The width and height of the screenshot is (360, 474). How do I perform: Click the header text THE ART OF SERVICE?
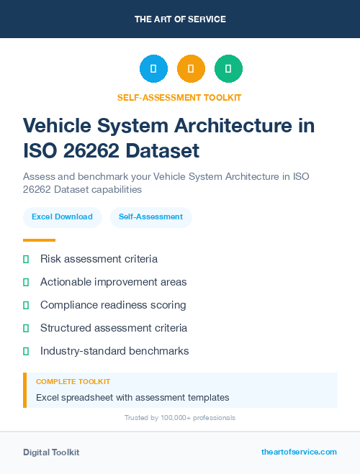(x=180, y=19)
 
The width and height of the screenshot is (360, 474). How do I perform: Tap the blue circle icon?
(x=153, y=69)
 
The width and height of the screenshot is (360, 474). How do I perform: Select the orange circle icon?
(x=191, y=69)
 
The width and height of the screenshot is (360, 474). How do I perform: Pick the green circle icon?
(x=228, y=69)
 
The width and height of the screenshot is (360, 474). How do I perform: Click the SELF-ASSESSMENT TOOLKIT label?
(x=180, y=97)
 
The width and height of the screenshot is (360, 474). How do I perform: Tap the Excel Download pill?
(x=62, y=217)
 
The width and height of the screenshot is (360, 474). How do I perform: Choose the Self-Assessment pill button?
(x=150, y=217)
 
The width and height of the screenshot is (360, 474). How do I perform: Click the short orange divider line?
(x=39, y=240)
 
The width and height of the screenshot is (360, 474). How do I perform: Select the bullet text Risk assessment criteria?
(x=99, y=259)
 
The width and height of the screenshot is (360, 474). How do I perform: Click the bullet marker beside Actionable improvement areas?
(x=26, y=282)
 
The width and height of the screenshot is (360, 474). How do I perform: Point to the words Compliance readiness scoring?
(x=113, y=305)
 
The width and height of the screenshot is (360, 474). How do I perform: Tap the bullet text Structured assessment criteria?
(x=114, y=328)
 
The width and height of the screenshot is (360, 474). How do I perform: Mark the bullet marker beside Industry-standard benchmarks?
(x=26, y=351)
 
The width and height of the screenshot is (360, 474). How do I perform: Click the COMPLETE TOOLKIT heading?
(x=73, y=382)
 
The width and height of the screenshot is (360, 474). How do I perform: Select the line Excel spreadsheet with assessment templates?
(x=132, y=397)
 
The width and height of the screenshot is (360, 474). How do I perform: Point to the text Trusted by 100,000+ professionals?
(x=180, y=418)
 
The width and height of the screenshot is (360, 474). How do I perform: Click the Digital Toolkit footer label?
(x=51, y=452)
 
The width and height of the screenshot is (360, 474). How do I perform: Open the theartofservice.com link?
(x=299, y=452)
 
